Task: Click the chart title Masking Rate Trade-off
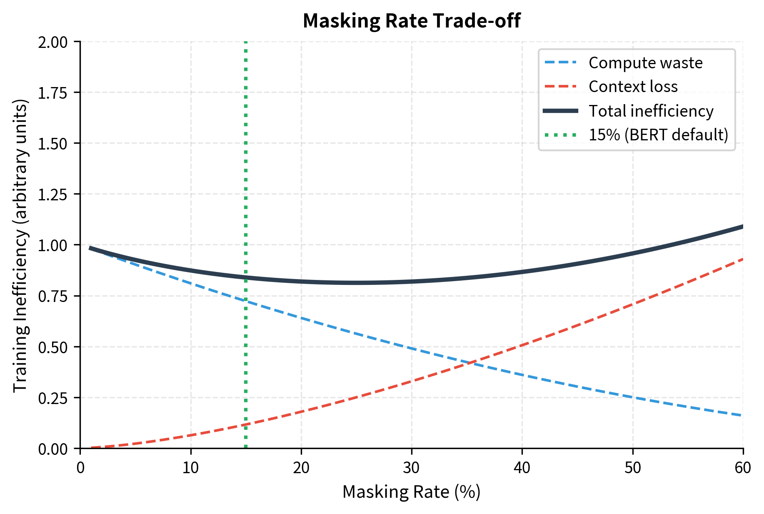pyautogui.click(x=412, y=21)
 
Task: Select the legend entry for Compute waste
pyautogui.click(x=645, y=63)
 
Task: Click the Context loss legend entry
pyautogui.click(x=633, y=87)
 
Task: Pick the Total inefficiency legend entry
pyautogui.click(x=651, y=111)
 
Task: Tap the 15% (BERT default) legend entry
pyautogui.click(x=658, y=135)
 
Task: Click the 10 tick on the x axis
pyautogui.click(x=191, y=468)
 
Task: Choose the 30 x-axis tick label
pyautogui.click(x=412, y=468)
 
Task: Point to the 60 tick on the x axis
pyautogui.click(x=743, y=468)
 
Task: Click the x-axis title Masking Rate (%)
pyautogui.click(x=412, y=492)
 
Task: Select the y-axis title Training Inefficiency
pyautogui.click(x=21, y=245)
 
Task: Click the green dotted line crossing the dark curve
pyautogui.click(x=246, y=278)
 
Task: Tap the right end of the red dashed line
pyautogui.click(x=742, y=259)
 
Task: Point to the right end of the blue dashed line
pyautogui.click(x=742, y=415)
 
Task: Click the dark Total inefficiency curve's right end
pyautogui.click(x=742, y=227)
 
